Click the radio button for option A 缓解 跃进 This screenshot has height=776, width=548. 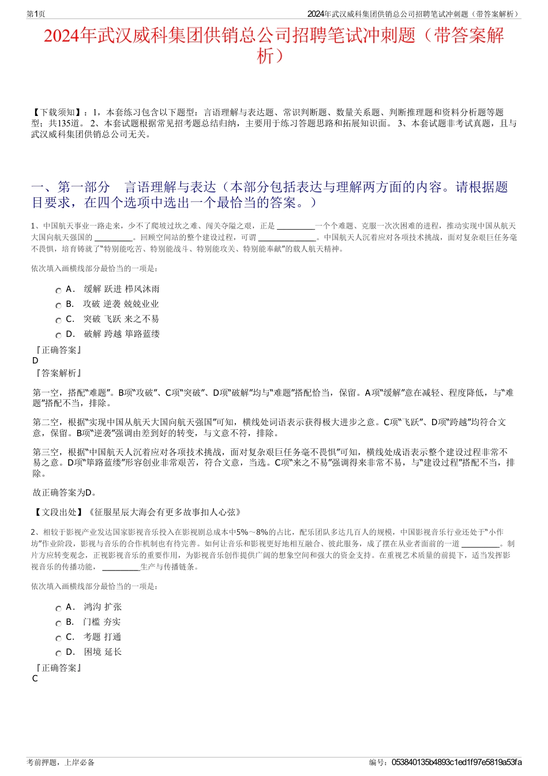58,291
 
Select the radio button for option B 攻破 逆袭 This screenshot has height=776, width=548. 58,306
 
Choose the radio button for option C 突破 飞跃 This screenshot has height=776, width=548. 58,321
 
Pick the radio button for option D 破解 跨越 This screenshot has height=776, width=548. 58,336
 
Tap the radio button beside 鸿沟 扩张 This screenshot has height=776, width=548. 58,609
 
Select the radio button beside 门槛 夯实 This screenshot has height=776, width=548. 58,624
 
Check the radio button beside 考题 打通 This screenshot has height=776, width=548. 58,639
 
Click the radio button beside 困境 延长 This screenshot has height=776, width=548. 58,654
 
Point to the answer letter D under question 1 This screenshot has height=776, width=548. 36,361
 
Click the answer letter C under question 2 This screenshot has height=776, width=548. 35,678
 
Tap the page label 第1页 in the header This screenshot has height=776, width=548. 36,14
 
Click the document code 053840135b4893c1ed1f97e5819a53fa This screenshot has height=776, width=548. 456,762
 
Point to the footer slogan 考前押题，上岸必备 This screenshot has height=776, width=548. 61,762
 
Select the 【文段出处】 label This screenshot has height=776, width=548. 58,512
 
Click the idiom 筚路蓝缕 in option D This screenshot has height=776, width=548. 142,334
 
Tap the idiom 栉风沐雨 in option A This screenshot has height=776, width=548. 142,289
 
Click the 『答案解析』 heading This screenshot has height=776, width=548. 58,373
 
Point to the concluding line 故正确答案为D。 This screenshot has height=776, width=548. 65,493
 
